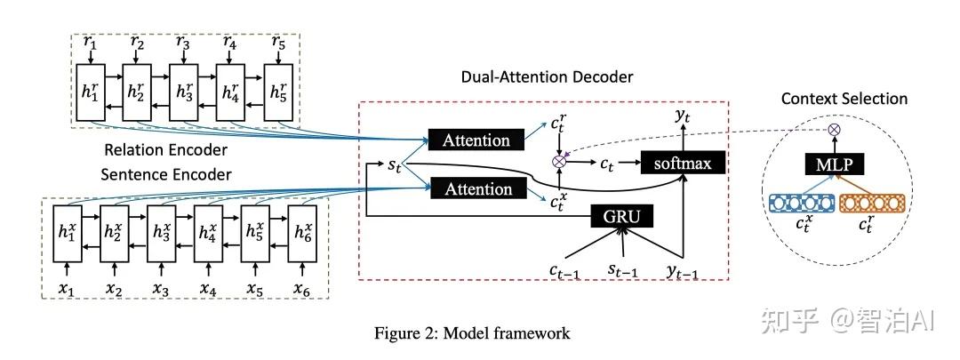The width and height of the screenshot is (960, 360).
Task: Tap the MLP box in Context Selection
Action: tap(833, 165)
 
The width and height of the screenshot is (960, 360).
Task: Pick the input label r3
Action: tap(183, 41)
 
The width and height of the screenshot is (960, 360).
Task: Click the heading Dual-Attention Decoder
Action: tap(548, 77)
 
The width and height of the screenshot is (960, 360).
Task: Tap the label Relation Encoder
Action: tap(166, 148)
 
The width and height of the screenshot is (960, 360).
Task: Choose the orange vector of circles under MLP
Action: tap(873, 203)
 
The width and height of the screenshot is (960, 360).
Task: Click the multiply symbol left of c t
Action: tap(559, 163)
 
